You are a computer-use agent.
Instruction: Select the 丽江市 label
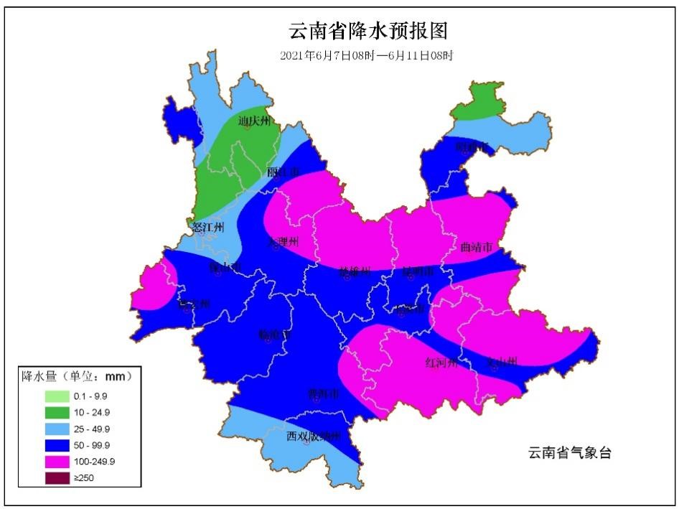coord(284,172)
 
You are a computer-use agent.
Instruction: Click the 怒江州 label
coord(208,228)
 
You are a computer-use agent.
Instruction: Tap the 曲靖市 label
coord(476,248)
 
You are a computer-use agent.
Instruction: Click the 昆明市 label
coord(418,271)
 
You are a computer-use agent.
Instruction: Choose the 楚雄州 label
coord(355,271)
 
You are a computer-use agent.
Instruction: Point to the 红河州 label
coord(441,362)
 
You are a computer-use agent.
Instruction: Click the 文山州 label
coord(502,362)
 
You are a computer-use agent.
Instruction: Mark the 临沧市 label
coord(275,335)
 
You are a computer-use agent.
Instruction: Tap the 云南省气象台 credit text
coord(570,453)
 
